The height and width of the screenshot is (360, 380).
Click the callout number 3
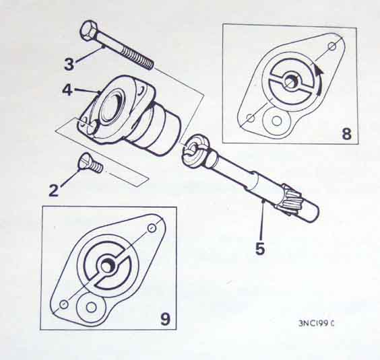69,64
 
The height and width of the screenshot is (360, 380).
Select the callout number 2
54,190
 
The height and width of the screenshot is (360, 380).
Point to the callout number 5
260,248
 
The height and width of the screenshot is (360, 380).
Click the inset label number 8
346,133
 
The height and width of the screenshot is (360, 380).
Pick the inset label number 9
165,319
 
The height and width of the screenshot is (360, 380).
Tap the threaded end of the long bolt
137,58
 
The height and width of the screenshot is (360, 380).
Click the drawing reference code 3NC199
316,324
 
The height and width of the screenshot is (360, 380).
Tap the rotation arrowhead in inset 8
319,69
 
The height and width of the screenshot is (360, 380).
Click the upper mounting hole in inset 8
332,46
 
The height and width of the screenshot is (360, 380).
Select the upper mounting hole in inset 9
152,228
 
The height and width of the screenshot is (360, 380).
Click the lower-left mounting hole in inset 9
64,304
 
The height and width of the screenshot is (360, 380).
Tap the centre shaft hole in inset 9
107,266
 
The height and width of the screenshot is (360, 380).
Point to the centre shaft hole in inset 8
290,80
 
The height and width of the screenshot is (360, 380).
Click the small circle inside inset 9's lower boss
91,308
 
